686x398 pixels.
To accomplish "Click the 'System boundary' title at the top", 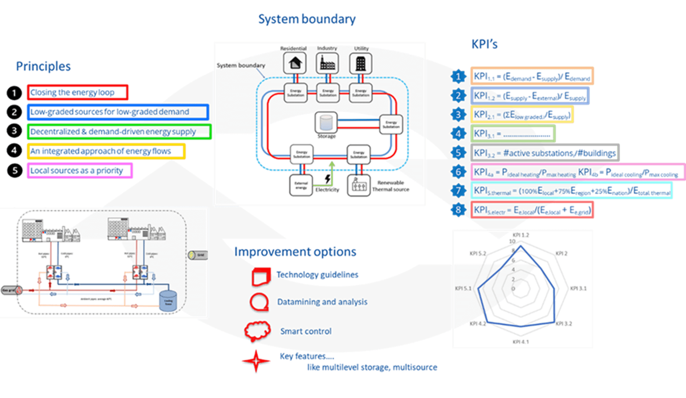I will click(x=307, y=19).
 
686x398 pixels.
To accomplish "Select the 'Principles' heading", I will click(x=43, y=66).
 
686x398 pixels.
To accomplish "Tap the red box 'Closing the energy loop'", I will click(x=77, y=92).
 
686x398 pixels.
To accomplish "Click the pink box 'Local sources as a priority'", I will click(x=79, y=170).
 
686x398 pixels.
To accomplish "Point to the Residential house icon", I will click(x=294, y=63).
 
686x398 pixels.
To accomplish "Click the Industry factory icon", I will click(x=327, y=63).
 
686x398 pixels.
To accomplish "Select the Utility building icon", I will click(x=361, y=63).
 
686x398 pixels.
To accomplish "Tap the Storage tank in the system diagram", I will click(x=326, y=122).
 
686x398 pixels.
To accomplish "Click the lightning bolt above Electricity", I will click(x=327, y=179).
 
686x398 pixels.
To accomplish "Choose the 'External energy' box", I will click(x=301, y=185).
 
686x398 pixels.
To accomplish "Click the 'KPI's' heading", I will click(x=484, y=44).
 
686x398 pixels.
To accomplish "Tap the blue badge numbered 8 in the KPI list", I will click(x=458, y=210).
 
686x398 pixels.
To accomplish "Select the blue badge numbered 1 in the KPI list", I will click(x=458, y=76).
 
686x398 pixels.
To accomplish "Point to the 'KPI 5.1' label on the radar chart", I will click(x=463, y=288).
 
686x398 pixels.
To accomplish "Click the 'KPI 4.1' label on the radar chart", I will click(x=521, y=341).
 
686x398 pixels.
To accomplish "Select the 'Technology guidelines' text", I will click(x=318, y=275).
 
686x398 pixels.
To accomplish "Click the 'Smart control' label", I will click(x=306, y=331).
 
